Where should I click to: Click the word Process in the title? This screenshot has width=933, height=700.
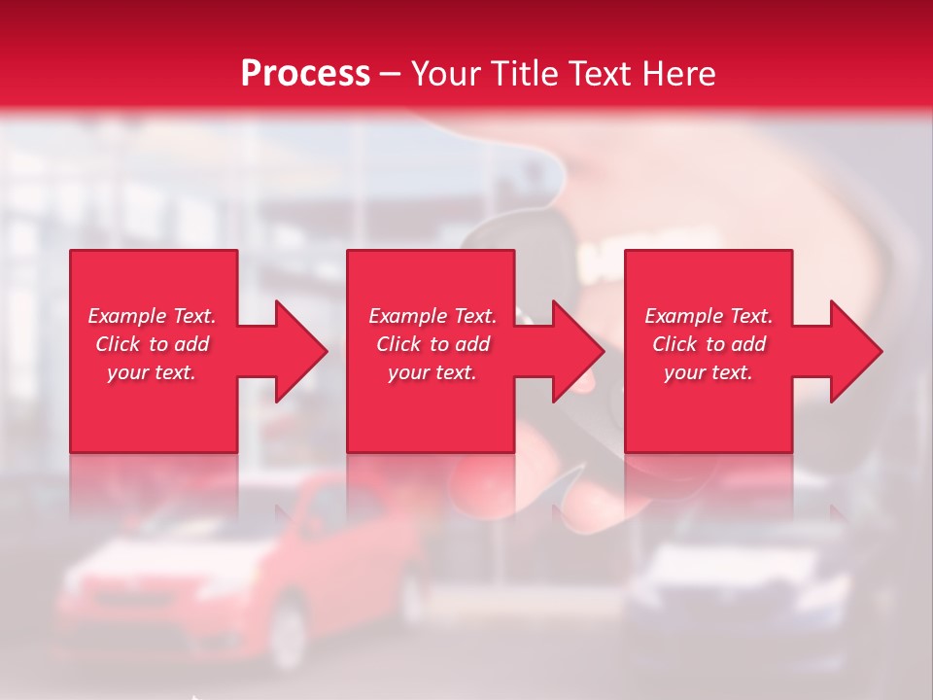tap(305, 74)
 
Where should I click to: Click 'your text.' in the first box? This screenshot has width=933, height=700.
tap(152, 372)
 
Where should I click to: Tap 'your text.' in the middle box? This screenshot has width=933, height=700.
tap(432, 372)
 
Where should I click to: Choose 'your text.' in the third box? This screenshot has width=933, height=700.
tap(708, 372)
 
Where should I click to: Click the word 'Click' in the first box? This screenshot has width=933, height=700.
tap(119, 344)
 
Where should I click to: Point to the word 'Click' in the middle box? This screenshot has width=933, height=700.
tap(399, 344)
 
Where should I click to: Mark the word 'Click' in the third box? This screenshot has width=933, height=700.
tap(675, 344)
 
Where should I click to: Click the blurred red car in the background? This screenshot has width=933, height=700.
tap(243, 574)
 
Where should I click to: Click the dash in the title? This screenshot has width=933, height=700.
tap(391, 74)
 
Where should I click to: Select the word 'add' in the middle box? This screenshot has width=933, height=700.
tap(472, 344)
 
